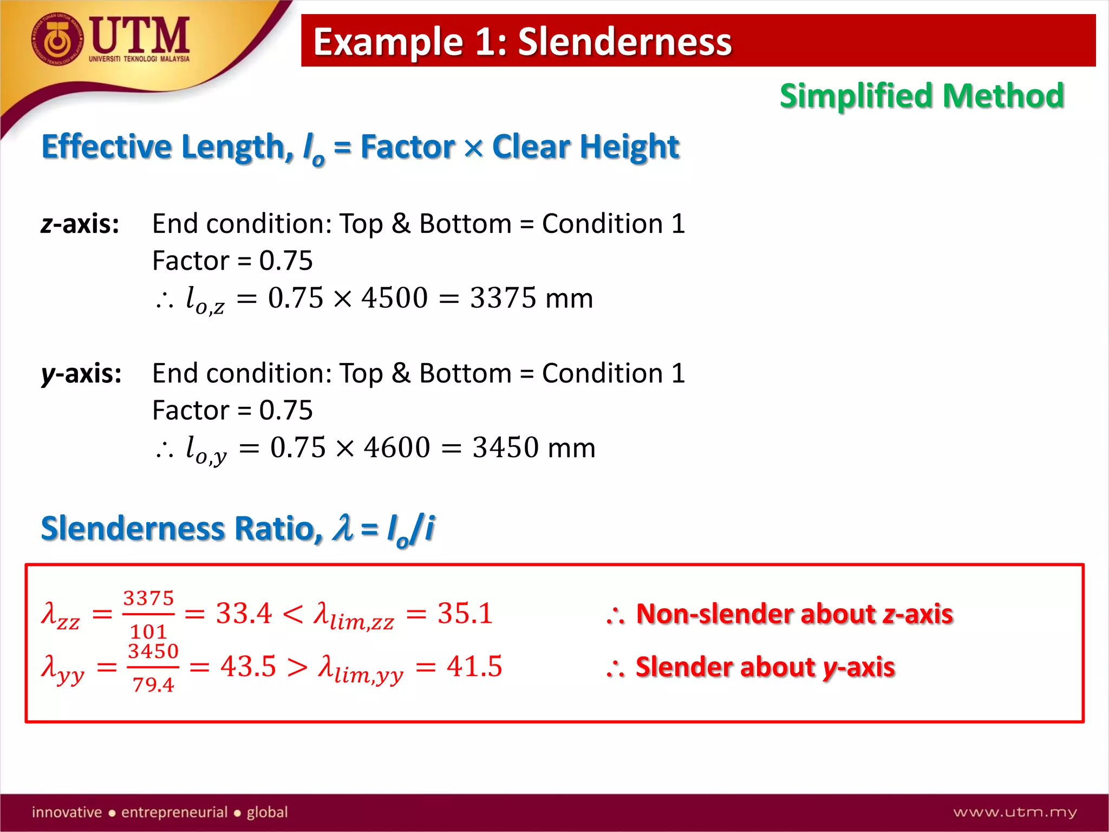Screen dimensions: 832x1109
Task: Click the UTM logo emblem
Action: click(57, 39)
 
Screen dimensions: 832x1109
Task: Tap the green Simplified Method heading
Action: click(922, 96)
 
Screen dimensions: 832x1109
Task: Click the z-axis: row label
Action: click(80, 224)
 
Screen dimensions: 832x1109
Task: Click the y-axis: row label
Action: click(81, 373)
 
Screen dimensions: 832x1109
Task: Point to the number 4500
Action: click(394, 298)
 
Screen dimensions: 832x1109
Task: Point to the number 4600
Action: click(397, 447)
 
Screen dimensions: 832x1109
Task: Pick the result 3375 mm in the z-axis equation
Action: click(531, 298)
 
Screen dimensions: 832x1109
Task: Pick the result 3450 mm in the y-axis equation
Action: click(533, 447)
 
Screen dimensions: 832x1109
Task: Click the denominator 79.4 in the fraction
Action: click(153, 685)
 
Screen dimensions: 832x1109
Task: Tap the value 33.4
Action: click(244, 614)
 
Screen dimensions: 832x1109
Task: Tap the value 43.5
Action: click(248, 666)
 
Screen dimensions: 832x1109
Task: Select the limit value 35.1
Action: click(465, 614)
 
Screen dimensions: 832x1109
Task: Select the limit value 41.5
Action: click(474, 666)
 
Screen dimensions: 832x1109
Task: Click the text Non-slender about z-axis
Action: click(794, 614)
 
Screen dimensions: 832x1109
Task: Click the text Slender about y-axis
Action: click(765, 667)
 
